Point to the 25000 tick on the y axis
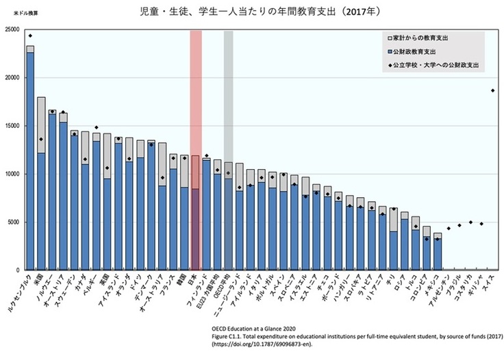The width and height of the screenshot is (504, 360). click(12, 29)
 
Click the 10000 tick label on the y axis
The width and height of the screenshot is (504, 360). click(12, 174)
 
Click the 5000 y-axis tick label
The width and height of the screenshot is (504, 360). click(13, 222)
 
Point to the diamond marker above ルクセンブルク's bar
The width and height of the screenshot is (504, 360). click(30, 36)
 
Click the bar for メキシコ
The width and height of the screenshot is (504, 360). click(438, 253)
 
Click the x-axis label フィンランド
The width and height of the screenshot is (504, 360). click(206, 291)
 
